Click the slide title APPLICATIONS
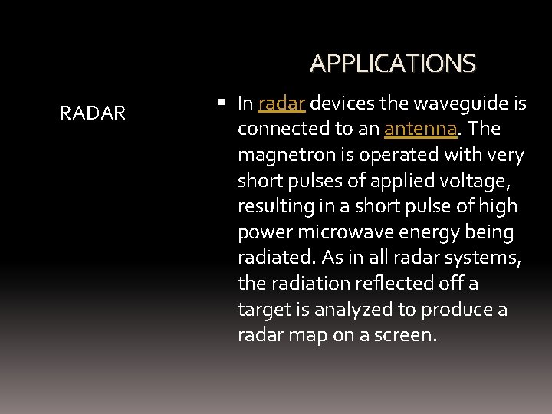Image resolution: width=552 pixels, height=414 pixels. click(x=393, y=63)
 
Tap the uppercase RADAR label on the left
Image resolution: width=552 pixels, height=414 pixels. click(x=93, y=114)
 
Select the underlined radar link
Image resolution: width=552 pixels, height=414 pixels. click(x=283, y=103)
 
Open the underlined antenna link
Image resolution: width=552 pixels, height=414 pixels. click(x=420, y=130)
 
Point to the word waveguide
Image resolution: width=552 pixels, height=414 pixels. click(x=454, y=103)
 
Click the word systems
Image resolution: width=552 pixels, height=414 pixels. click(x=489, y=258)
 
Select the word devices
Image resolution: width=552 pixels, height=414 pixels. click(x=343, y=103)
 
